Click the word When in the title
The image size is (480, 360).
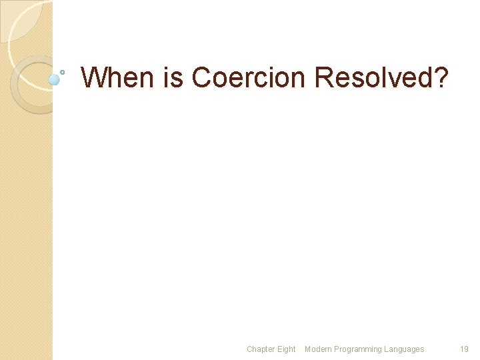click(119, 77)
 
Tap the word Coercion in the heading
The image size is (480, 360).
click(249, 77)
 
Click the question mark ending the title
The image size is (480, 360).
click(442, 77)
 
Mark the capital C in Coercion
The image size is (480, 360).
click(203, 77)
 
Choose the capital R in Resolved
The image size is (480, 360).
click(325, 77)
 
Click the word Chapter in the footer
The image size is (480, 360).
click(260, 349)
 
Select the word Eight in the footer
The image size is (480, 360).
click(286, 349)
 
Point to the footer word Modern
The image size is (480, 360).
click(317, 349)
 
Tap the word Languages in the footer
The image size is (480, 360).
click(404, 349)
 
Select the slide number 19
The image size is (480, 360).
click(464, 349)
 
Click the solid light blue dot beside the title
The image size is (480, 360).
click(55, 79)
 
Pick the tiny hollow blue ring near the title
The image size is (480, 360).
click(63, 71)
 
